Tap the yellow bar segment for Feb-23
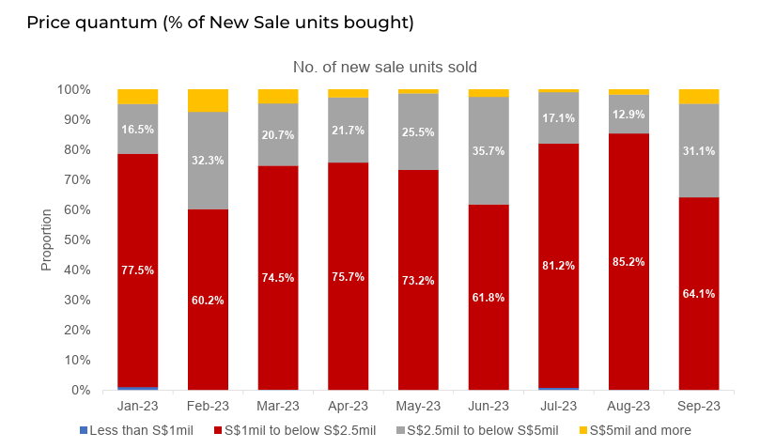[208, 100]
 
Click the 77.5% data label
[137, 270]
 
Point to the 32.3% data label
[208, 161]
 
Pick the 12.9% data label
[628, 114]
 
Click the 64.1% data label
[699, 294]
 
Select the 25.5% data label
[418, 132]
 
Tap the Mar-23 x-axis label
[278, 406]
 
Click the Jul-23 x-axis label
[558, 406]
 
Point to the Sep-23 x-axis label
[699, 406]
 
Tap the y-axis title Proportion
[46, 239]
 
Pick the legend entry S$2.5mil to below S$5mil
[478, 430]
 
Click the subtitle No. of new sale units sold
[385, 67]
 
